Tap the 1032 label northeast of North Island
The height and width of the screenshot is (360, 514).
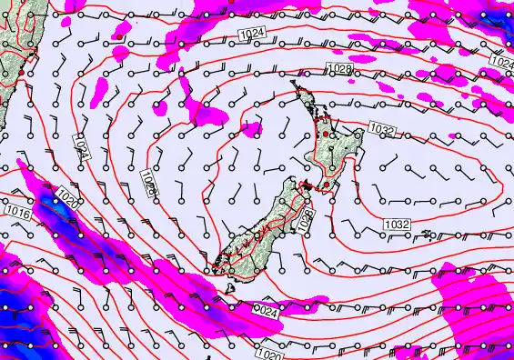(x=382, y=130)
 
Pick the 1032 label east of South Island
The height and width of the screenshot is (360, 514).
(x=396, y=224)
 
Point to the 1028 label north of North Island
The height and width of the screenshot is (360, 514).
(x=338, y=70)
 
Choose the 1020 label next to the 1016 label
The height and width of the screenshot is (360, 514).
(x=67, y=195)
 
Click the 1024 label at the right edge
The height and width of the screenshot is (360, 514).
(x=501, y=61)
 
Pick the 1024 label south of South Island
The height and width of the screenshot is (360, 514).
(x=263, y=312)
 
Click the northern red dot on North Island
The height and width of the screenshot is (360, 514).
(x=333, y=135)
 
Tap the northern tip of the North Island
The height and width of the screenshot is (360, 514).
(x=294, y=85)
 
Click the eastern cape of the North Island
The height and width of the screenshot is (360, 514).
(x=362, y=133)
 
